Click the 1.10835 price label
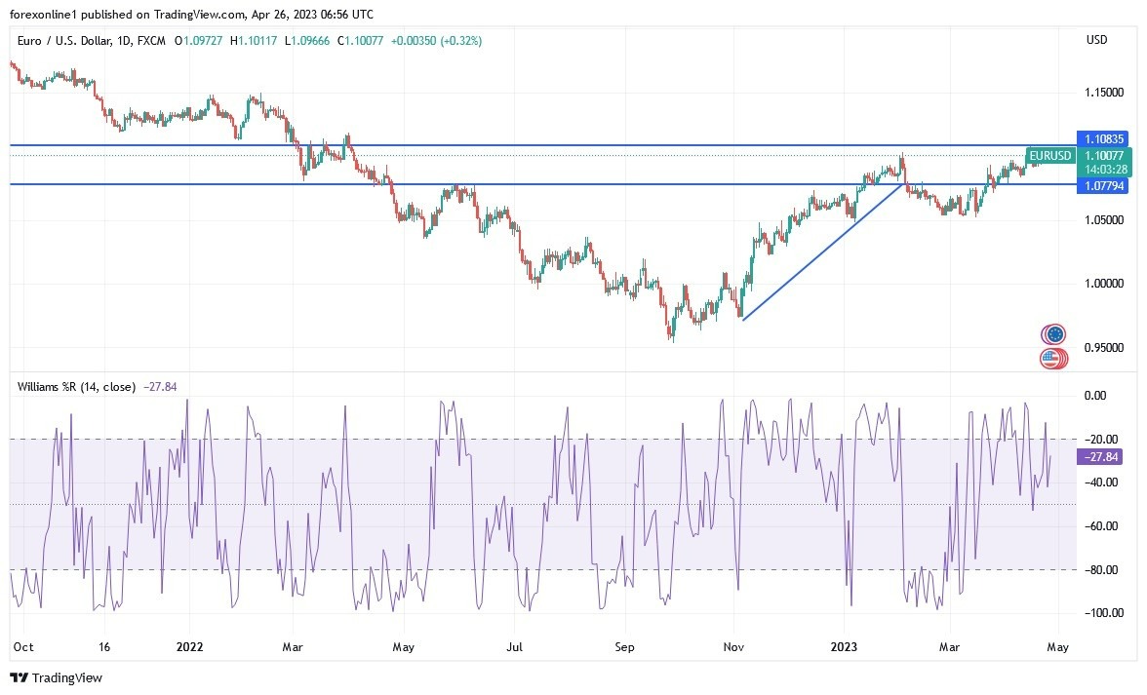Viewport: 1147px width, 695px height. point(1102,139)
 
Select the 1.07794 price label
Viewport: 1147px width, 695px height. point(1102,185)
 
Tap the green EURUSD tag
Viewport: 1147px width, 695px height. point(1049,156)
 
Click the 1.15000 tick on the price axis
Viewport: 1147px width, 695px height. point(1103,93)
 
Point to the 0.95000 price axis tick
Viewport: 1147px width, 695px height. point(1103,348)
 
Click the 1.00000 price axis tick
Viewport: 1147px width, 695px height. point(1103,284)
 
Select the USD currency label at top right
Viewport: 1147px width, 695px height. point(1096,40)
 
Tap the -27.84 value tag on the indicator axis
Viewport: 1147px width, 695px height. point(1099,457)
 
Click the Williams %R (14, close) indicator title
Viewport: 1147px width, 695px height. point(77,387)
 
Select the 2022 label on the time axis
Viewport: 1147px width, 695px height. point(189,646)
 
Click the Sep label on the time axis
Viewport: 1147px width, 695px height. point(624,646)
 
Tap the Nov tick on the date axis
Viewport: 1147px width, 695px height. point(734,646)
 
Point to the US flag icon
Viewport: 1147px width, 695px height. point(1050,358)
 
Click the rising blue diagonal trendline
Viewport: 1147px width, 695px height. point(822,251)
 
